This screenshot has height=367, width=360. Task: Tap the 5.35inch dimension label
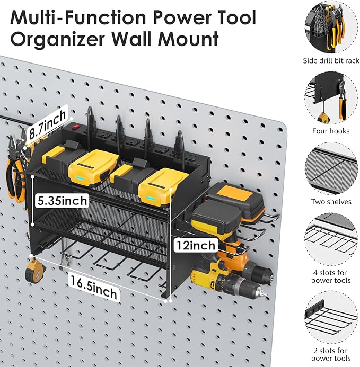(x=59, y=201)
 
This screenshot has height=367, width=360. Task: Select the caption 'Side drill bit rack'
(x=331, y=61)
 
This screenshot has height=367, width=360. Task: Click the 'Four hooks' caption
(x=331, y=131)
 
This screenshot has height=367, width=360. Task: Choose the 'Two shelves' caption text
(x=331, y=202)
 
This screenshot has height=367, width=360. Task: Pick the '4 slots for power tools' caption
(x=331, y=276)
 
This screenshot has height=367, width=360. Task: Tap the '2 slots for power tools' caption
(x=331, y=354)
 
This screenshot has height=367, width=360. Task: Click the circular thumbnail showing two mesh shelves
(x=331, y=168)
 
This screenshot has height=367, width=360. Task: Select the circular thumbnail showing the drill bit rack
(x=331, y=27)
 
